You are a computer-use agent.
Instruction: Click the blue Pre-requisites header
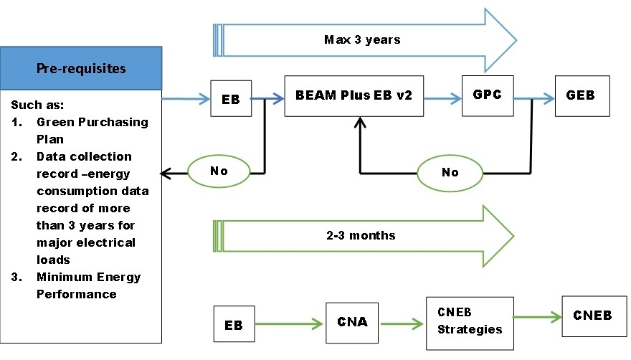point(80,70)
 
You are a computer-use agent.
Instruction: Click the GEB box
point(582,95)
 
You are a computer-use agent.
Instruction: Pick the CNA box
point(352,321)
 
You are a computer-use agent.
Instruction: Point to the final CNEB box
point(592,315)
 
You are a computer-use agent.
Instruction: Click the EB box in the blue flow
point(231,100)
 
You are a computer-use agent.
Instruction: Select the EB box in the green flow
point(233,325)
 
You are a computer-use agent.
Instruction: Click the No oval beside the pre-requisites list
point(218,172)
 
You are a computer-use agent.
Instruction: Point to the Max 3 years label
point(362,40)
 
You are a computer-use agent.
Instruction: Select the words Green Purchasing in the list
point(92,122)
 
